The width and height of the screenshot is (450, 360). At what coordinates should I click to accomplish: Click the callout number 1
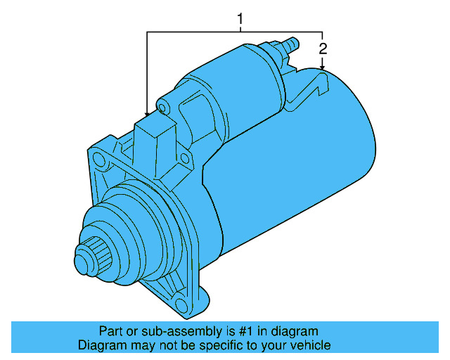[x=240, y=19]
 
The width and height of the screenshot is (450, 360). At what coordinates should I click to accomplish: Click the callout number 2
[x=323, y=49]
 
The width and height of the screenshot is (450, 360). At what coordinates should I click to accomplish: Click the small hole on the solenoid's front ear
[x=162, y=108]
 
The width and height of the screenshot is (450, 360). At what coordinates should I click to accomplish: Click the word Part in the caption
[x=110, y=331]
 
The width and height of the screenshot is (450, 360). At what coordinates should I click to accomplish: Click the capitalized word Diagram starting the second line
[x=101, y=345]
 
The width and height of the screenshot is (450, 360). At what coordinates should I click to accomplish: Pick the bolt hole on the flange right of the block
[x=185, y=157]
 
